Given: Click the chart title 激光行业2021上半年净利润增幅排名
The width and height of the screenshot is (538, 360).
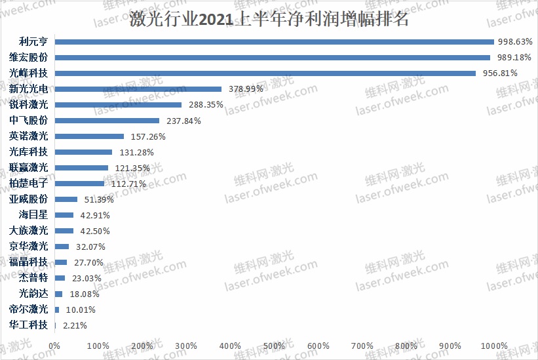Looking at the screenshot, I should click(269, 19).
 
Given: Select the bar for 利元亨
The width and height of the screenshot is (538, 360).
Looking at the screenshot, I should click(274, 42).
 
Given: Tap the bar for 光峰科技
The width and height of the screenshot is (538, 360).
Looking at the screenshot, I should click(265, 73).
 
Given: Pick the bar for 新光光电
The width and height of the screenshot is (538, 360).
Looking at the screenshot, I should click(138, 89).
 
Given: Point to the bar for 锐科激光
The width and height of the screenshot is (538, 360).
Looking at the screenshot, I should click(118, 105).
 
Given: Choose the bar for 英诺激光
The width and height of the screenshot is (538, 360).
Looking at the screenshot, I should click(89, 136).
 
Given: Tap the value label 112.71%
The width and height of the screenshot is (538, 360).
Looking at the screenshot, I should click(128, 184).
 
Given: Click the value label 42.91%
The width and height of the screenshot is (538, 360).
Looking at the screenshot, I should click(94, 215).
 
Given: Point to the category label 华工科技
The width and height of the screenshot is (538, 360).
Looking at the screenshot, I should click(28, 325).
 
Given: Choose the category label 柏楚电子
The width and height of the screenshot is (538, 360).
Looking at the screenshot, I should click(28, 184).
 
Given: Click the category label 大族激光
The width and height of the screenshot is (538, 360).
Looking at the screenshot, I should click(28, 231).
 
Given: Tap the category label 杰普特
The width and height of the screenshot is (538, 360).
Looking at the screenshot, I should click(33, 278).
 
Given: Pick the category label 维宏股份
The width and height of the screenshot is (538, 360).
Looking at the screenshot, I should click(28, 58).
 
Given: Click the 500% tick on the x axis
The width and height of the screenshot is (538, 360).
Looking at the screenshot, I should click(275, 346).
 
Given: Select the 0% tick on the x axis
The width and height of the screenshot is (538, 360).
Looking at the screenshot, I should click(54, 346).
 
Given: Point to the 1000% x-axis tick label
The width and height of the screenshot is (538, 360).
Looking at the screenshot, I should click(494, 346).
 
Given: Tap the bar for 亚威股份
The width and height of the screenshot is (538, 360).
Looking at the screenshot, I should click(66, 199).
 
